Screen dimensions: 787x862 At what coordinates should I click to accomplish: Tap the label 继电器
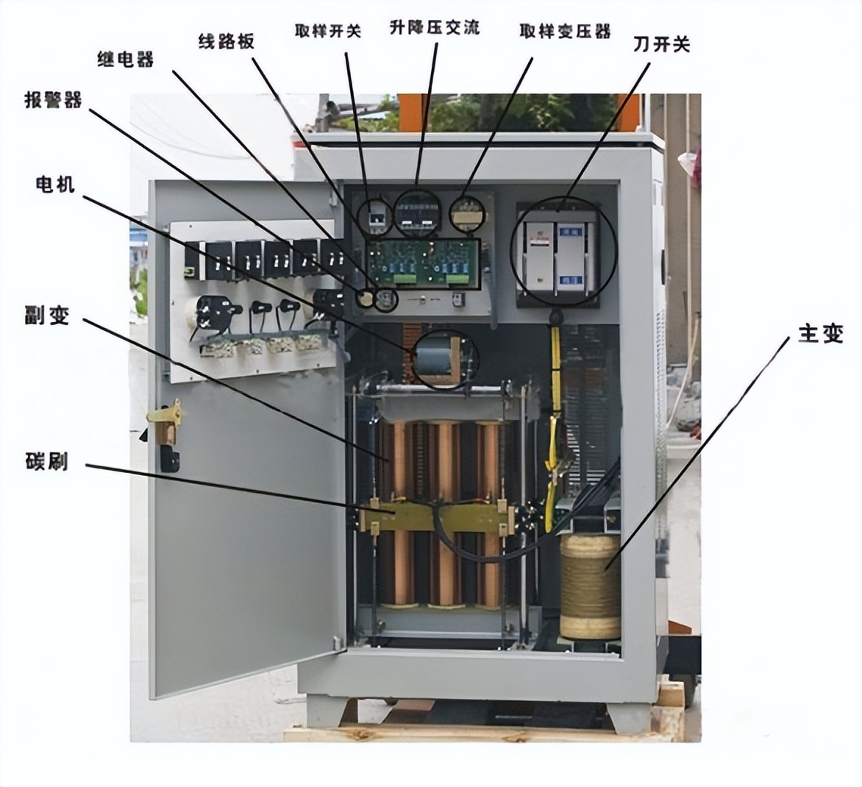click(x=125, y=60)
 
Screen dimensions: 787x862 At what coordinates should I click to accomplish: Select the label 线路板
click(x=227, y=41)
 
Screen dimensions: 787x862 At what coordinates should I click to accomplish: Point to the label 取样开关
click(x=327, y=32)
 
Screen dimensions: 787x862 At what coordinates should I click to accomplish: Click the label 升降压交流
click(x=435, y=28)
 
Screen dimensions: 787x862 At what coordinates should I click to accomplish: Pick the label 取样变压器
click(x=565, y=32)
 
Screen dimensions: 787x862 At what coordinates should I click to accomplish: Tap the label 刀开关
click(x=662, y=45)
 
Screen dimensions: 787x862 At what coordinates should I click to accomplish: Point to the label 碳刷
click(x=46, y=461)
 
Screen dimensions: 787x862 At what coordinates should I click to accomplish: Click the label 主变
click(x=821, y=333)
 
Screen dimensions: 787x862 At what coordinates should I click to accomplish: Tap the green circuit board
click(x=423, y=263)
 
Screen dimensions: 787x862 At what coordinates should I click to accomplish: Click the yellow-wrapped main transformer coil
click(x=590, y=586)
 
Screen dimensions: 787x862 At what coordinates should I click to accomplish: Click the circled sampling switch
click(x=376, y=216)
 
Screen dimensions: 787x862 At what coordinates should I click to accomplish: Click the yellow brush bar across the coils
click(x=434, y=516)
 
